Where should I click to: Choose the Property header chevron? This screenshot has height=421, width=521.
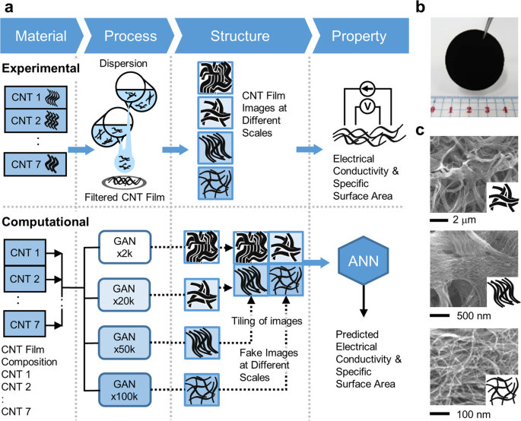pos(357,36)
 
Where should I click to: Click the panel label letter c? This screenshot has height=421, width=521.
pos(420,130)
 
